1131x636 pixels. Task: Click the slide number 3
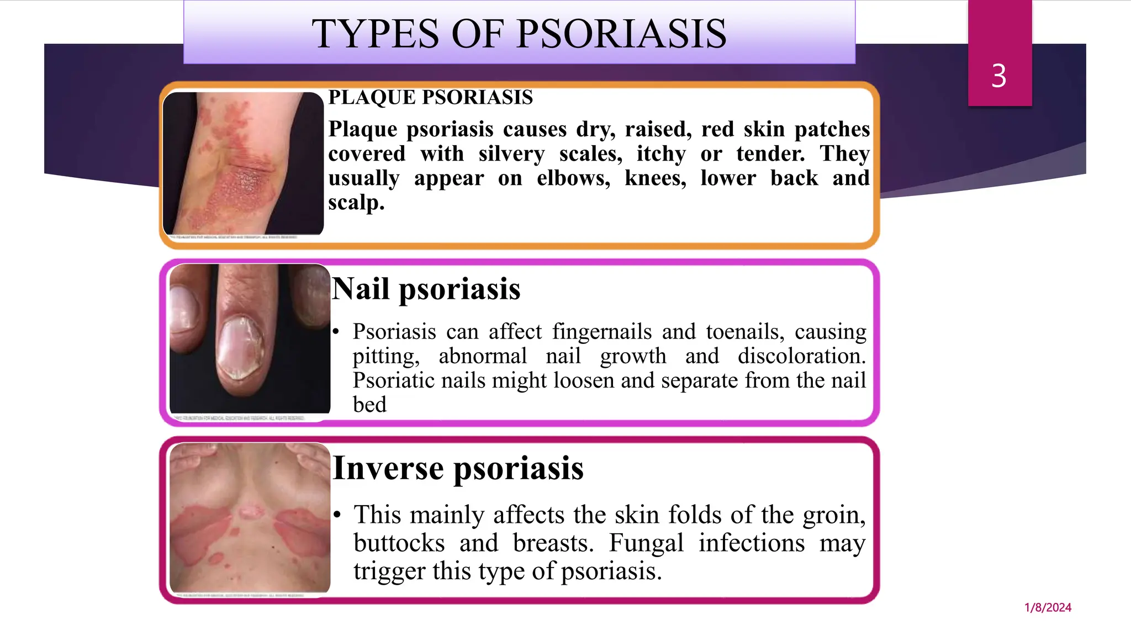click(999, 76)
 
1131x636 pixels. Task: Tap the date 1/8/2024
click(1048, 607)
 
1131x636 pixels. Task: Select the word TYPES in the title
click(375, 34)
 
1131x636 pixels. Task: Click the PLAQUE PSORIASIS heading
click(430, 97)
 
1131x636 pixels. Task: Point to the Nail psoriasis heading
click(426, 289)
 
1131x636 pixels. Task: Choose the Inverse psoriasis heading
click(458, 468)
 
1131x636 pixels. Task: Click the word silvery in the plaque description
click(511, 153)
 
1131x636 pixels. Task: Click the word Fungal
click(646, 543)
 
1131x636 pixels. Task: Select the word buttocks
click(399, 543)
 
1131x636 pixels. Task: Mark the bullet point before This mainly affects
click(337, 515)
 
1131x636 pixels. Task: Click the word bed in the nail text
click(369, 405)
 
